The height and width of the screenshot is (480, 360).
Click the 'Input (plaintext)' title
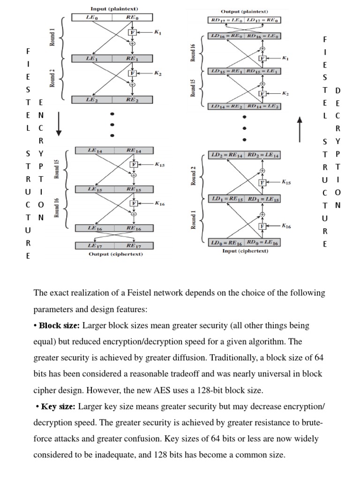click(114, 8)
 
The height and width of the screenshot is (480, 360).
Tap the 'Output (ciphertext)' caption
click(116, 254)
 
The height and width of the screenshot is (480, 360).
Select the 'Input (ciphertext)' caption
click(245, 251)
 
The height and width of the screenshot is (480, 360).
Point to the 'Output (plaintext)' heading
click(244, 11)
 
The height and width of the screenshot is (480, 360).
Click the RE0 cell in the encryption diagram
click(133, 17)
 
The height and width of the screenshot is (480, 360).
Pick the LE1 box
click(92, 59)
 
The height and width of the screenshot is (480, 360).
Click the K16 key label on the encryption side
click(159, 203)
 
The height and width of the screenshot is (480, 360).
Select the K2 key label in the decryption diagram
click(285, 94)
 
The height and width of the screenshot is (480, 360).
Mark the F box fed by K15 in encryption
click(134, 165)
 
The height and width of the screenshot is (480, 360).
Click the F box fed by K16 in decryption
click(262, 226)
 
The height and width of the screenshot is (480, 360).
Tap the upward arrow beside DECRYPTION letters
click(300, 129)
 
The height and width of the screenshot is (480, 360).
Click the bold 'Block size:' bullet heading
click(60, 325)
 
